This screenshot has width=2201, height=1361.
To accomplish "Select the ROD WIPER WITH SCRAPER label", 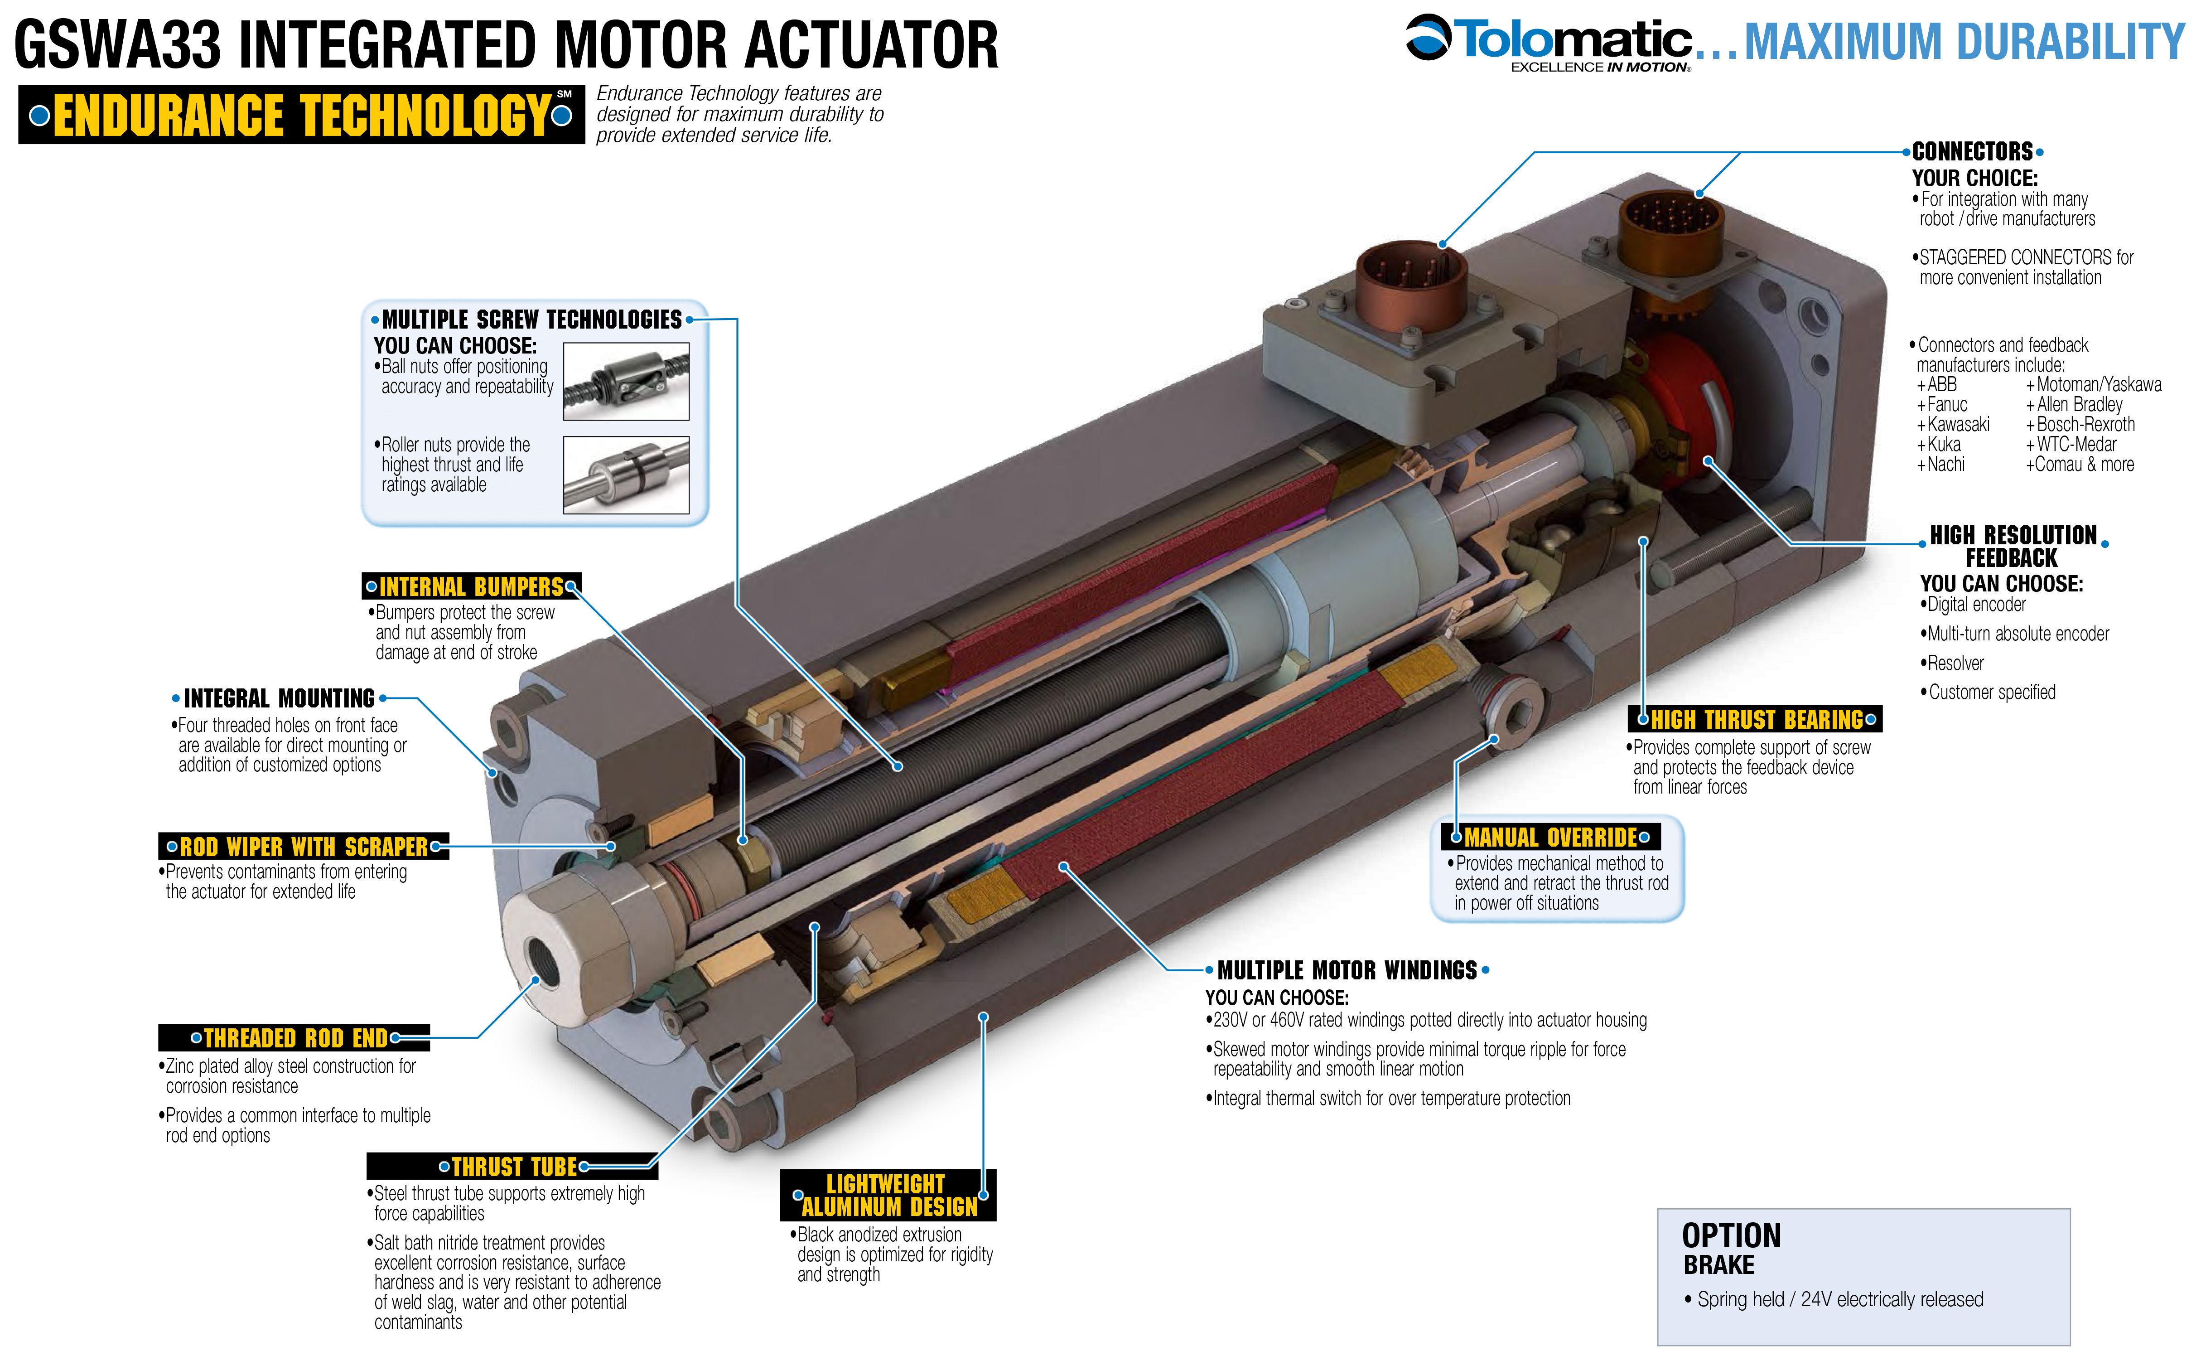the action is pyautogui.click(x=303, y=846).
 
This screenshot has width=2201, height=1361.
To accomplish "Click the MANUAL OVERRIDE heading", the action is pyautogui.click(x=1550, y=837).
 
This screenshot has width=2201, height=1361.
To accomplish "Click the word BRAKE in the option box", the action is pyautogui.click(x=1718, y=1264).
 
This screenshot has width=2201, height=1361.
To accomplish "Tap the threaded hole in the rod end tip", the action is pyautogui.click(x=545, y=959).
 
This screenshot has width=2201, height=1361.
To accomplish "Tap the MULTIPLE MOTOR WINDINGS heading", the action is pyautogui.click(x=1347, y=970).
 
